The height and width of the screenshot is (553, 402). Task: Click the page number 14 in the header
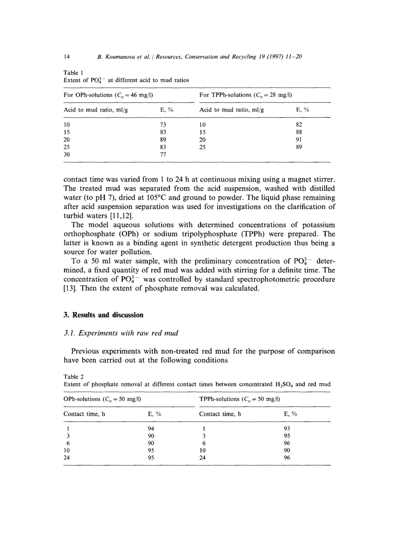click(67, 57)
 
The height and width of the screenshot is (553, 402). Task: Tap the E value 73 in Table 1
click(164, 125)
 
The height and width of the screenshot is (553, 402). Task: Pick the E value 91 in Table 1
click(298, 139)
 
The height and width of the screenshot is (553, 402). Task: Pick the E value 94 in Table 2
click(152, 428)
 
